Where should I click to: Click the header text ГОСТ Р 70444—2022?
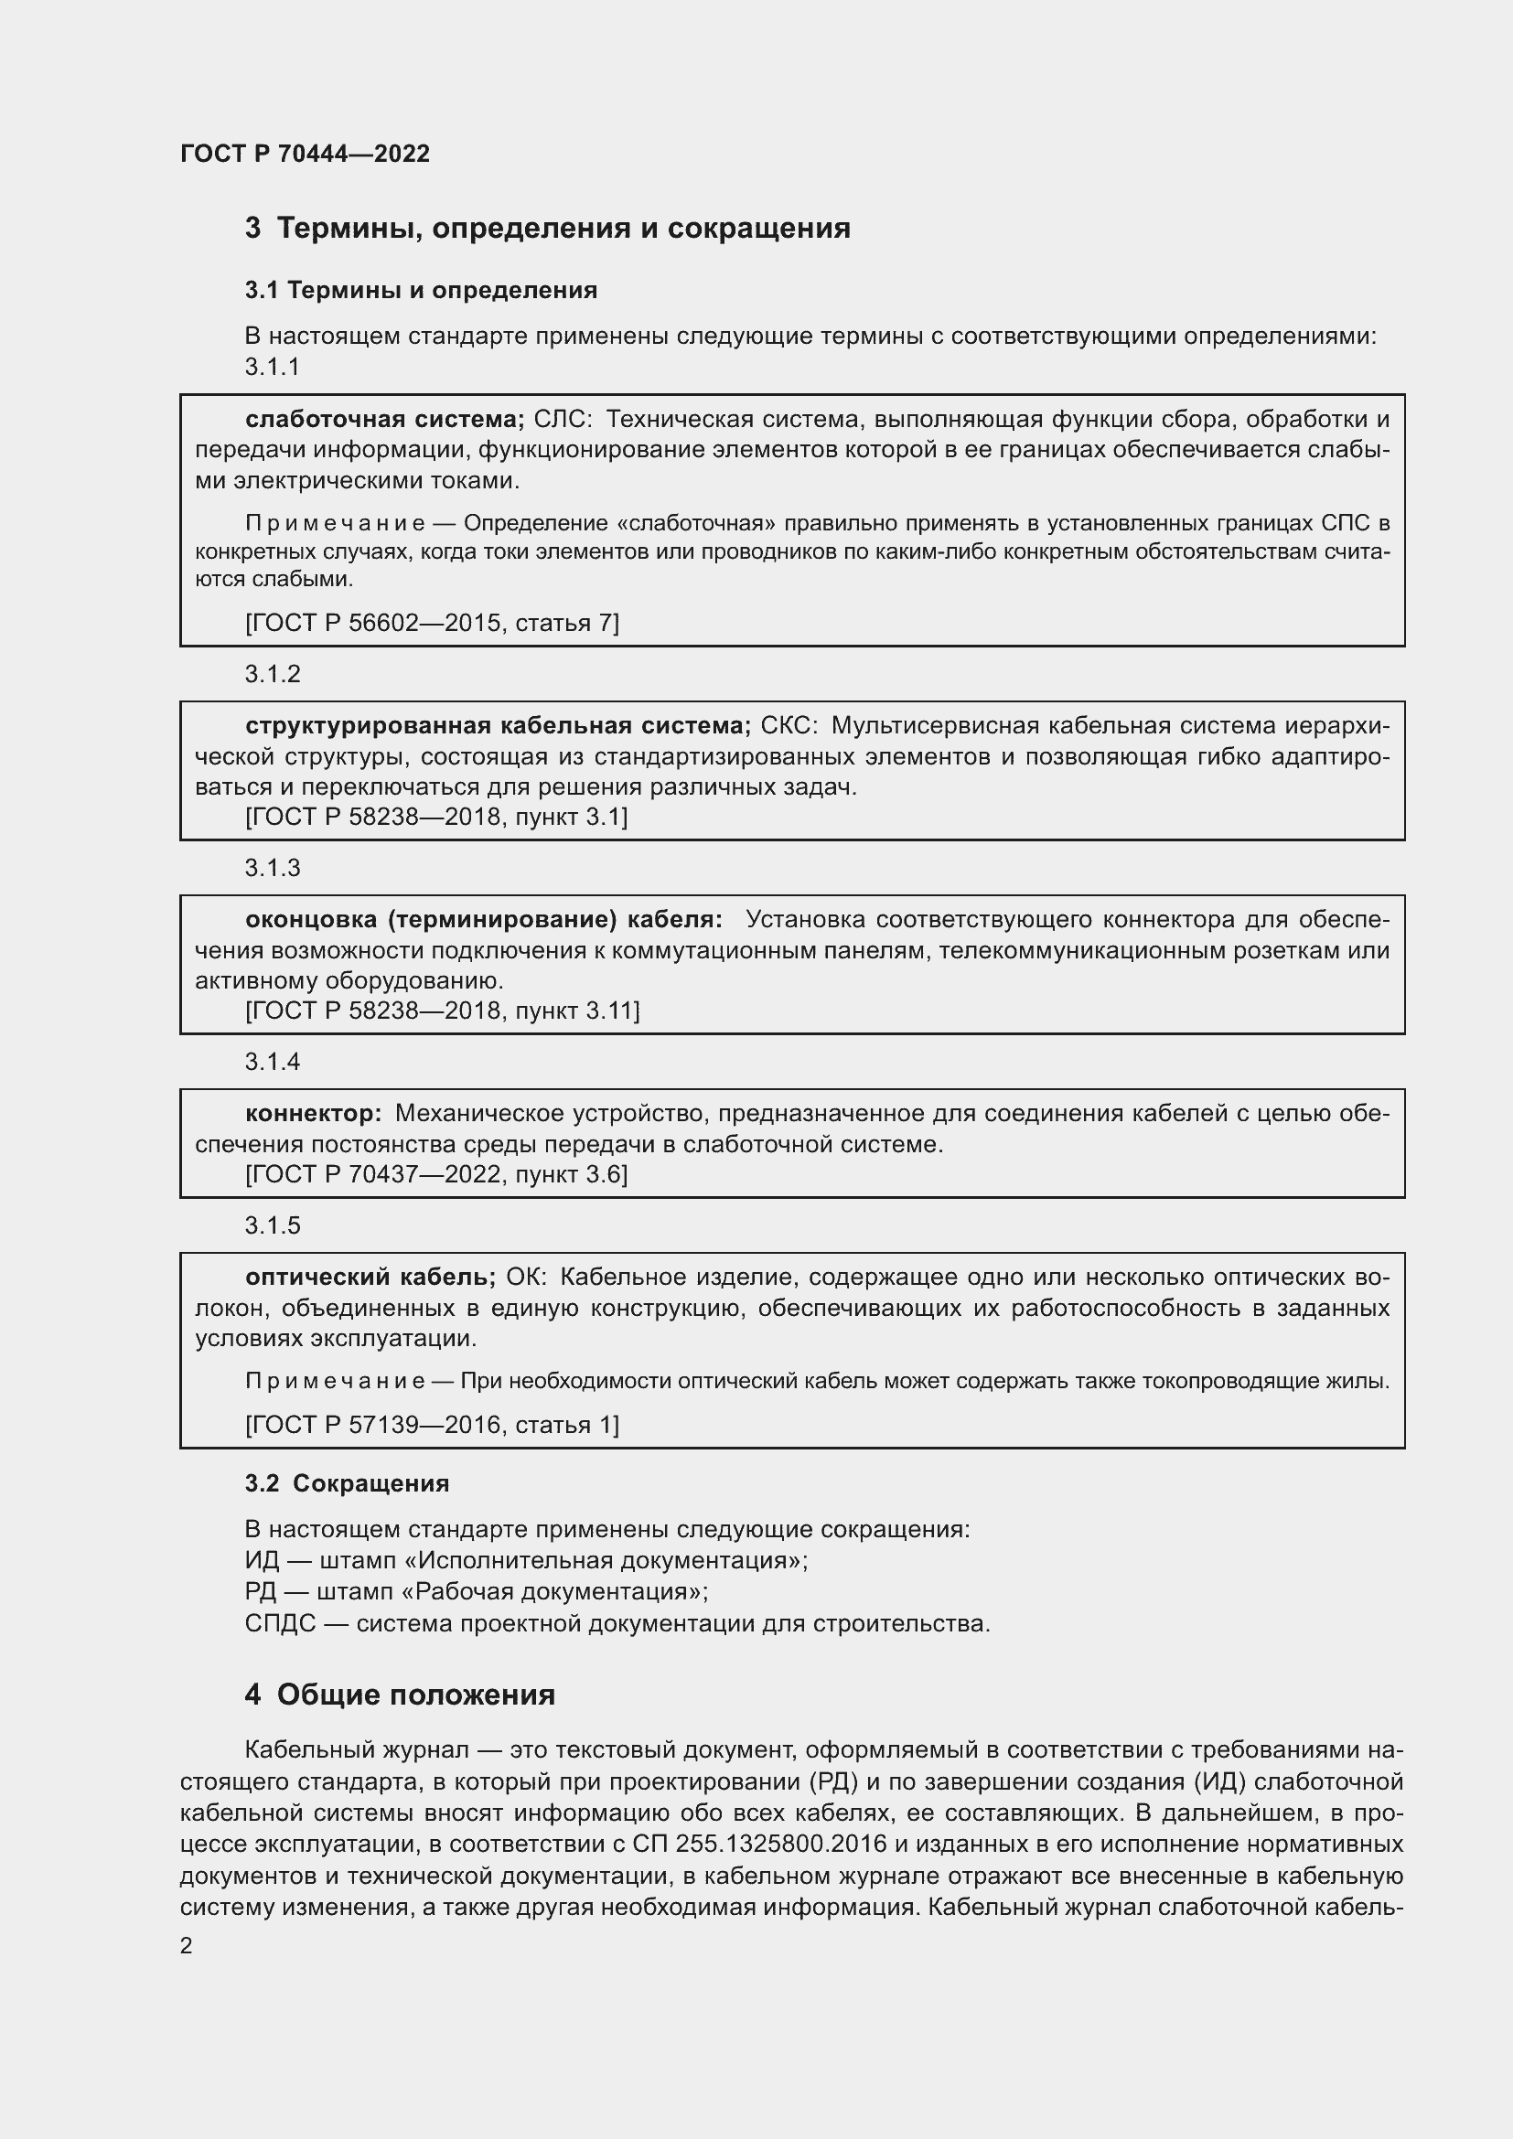(305, 154)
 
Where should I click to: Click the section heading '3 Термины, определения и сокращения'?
(547, 229)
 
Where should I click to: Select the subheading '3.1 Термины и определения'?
(420, 290)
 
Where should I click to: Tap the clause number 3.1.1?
(272, 367)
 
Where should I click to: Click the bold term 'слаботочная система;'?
(385, 419)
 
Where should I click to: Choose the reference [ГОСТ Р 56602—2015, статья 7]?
(432, 623)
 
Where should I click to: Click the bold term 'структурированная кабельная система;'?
(498, 726)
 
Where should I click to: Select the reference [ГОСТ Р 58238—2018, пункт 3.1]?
(436, 817)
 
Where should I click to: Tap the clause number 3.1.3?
(272, 868)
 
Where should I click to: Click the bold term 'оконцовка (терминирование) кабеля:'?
(484, 919)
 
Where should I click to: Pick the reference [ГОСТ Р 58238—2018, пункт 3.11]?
(442, 1011)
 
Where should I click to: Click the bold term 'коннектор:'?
(313, 1113)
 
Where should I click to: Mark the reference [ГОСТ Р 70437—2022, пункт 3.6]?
(436, 1174)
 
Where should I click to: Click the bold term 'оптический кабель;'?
(370, 1277)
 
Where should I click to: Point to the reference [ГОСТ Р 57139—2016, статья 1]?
(432, 1425)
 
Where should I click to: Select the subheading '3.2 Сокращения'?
(347, 1483)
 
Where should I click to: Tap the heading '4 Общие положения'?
(400, 1695)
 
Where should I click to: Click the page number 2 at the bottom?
(187, 1946)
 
